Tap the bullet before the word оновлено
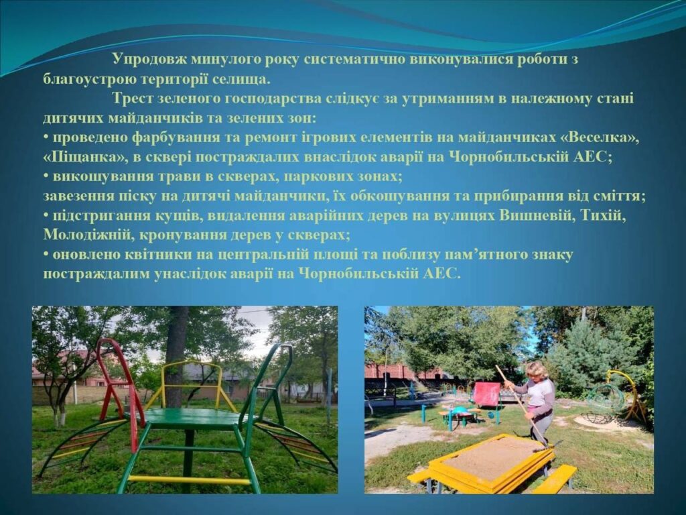tap(46, 255)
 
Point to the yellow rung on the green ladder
tap(189, 480)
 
